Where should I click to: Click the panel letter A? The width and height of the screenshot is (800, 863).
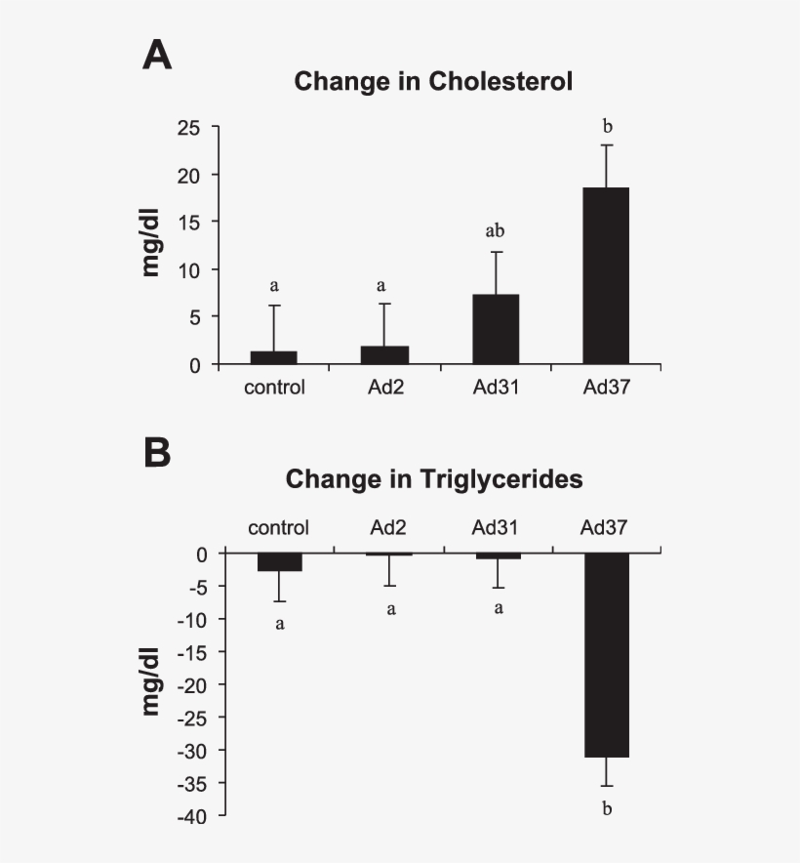[157, 55]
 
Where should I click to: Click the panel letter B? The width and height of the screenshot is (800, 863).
[157, 452]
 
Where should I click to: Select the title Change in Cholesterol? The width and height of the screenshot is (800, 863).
[433, 81]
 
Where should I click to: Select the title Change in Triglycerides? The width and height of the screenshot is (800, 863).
[434, 479]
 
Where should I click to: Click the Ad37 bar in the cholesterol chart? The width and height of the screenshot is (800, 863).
[606, 276]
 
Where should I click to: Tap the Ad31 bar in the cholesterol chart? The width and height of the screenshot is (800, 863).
[496, 330]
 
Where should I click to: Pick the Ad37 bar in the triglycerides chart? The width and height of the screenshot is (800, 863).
[606, 655]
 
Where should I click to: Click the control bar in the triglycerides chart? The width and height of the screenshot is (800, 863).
[278, 562]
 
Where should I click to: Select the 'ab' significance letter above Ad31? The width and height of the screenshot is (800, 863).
[496, 232]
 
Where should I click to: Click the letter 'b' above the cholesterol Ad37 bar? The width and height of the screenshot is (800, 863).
[607, 126]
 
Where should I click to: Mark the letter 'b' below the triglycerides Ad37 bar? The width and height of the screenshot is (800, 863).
[607, 808]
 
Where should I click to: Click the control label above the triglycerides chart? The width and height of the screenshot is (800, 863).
[278, 528]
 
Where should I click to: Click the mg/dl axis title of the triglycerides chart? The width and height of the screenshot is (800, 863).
[150, 682]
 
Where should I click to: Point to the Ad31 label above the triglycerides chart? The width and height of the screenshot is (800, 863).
[496, 528]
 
